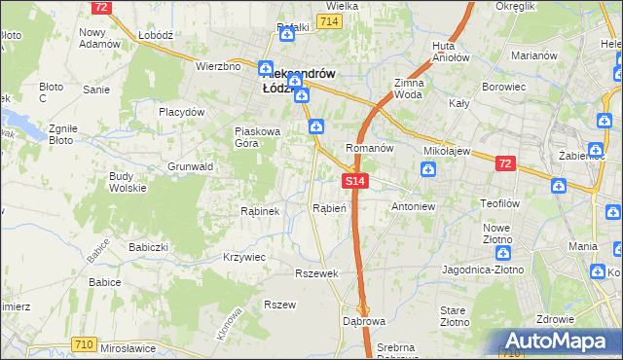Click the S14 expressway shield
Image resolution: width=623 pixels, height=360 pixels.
pyautogui.click(x=355, y=181)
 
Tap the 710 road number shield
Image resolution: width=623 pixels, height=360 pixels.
pyautogui.click(x=85, y=344)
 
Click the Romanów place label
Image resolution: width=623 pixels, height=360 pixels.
pyautogui.click(x=369, y=148)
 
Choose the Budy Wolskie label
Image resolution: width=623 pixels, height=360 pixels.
pyautogui.click(x=128, y=183)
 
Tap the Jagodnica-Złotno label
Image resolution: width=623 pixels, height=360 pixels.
pyautogui.click(x=483, y=269)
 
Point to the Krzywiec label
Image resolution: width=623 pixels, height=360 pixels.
pyautogui.click(x=244, y=256)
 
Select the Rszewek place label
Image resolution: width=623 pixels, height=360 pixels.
pyautogui.click(x=316, y=273)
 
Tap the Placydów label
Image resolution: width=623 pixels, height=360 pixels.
pyautogui.click(x=182, y=112)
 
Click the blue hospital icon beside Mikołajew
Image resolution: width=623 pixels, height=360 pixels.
pyautogui.click(x=428, y=170)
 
